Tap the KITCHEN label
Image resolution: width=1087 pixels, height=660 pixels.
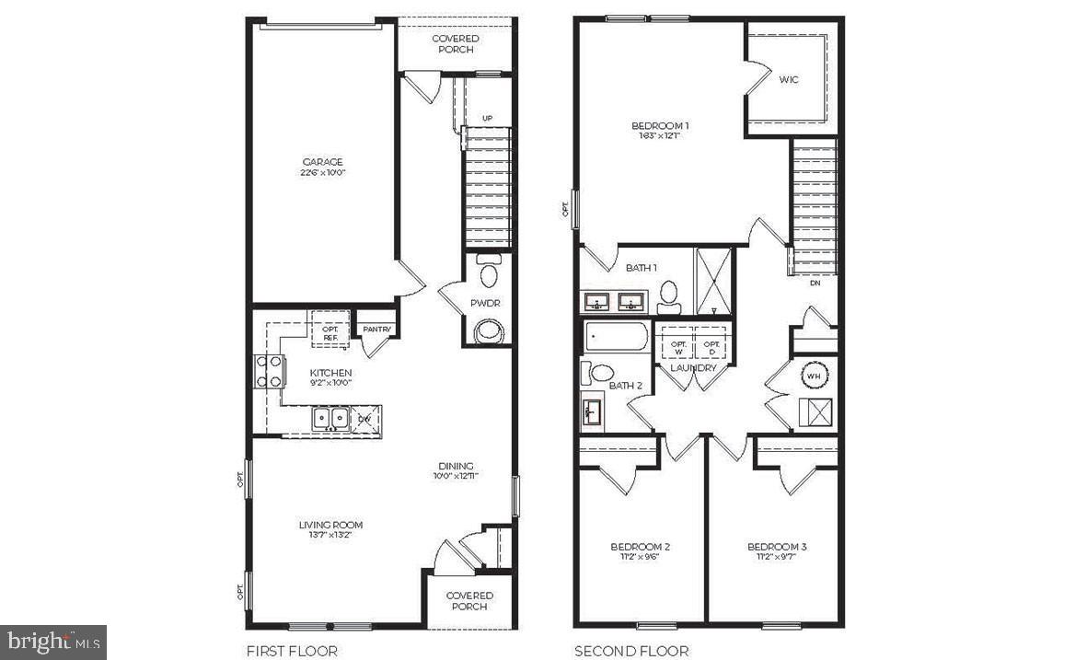coord(330,373)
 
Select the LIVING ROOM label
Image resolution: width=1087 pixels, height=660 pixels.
coord(330,526)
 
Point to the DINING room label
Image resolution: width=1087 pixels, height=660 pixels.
coord(456,466)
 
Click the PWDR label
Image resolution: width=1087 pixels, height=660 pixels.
coord(485,303)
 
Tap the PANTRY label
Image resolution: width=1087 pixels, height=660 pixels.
coord(377,330)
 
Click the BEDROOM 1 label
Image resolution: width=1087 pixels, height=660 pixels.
coord(660,126)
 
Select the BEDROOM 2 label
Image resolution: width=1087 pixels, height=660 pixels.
coord(641,547)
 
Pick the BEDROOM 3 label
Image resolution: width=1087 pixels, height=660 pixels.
coord(777,547)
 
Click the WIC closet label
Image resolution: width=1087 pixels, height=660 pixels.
coord(789,79)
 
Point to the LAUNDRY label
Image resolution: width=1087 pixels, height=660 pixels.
coord(693,368)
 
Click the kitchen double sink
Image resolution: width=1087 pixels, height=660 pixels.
coord(329,419)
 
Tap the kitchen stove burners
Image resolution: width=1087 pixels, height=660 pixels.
coord(269,372)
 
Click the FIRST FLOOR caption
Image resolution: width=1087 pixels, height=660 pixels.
coord(292,652)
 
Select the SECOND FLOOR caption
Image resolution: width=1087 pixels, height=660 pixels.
coord(631,652)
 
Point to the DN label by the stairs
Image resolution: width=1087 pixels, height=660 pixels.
coord(815,284)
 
